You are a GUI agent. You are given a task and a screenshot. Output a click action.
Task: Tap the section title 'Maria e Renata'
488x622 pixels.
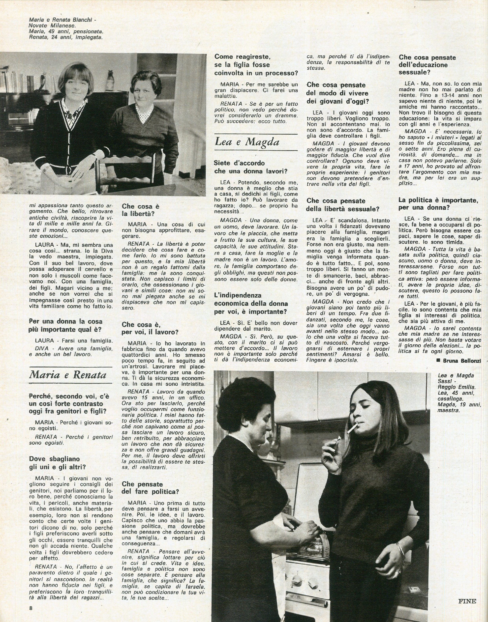[68, 375]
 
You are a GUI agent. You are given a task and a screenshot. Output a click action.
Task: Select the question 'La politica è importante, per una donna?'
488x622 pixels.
[438, 204]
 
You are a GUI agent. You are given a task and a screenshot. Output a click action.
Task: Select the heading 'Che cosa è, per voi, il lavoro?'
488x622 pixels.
[150, 328]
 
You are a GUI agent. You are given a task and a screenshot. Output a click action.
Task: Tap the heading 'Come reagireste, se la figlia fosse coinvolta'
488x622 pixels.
[256, 65]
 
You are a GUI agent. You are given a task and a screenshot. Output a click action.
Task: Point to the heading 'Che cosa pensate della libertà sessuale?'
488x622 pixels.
[342, 205]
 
